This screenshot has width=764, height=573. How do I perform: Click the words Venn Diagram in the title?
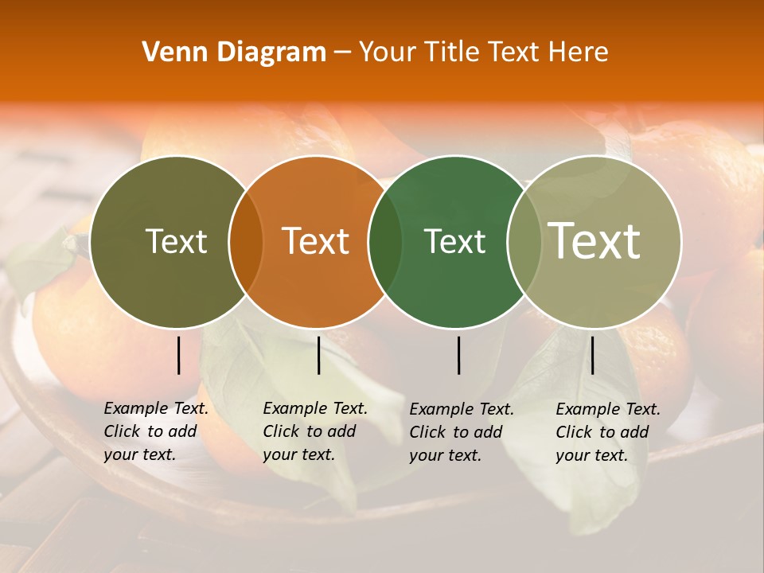click(234, 53)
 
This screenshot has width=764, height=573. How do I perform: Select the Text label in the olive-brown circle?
click(176, 241)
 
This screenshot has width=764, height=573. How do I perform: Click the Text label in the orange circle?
click(316, 241)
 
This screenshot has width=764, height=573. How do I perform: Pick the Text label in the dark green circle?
click(454, 241)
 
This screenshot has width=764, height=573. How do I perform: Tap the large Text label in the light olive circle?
click(594, 240)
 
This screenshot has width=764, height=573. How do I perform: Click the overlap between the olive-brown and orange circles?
click(246, 241)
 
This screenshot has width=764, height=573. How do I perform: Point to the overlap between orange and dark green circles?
click(385, 241)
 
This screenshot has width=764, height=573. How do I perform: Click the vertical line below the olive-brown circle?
click(178, 355)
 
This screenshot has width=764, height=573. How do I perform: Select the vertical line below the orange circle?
click(318, 355)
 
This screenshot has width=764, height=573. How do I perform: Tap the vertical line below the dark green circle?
click(458, 355)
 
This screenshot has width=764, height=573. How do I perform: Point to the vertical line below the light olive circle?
click(592, 355)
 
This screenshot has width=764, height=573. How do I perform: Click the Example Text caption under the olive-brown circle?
click(156, 431)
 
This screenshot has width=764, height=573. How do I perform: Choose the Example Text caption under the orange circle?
click(315, 431)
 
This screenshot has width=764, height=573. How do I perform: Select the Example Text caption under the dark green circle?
click(462, 432)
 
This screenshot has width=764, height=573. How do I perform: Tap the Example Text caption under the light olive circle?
click(608, 432)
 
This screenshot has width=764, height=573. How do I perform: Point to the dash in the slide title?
click(342, 53)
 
